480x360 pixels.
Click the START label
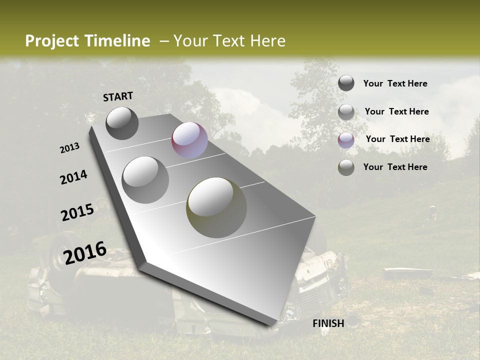[118, 96]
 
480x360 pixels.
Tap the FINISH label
[328, 323]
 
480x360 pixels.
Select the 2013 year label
[70, 148]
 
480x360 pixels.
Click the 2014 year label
[73, 177]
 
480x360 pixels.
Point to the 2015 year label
[77, 212]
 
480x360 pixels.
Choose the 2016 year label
[85, 252]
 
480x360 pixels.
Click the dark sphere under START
[122, 123]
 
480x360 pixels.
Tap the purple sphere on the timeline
[189, 140]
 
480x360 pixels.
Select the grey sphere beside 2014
[145, 179]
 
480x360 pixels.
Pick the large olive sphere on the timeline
[216, 207]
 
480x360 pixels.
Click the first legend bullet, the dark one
[346, 83]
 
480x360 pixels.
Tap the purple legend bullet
[346, 140]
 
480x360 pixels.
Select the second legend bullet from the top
[346, 112]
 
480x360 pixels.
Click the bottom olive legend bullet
[346, 167]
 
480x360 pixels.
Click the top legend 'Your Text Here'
[395, 83]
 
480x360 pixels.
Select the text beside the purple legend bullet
[397, 139]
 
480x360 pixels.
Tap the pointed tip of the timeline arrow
[272, 325]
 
